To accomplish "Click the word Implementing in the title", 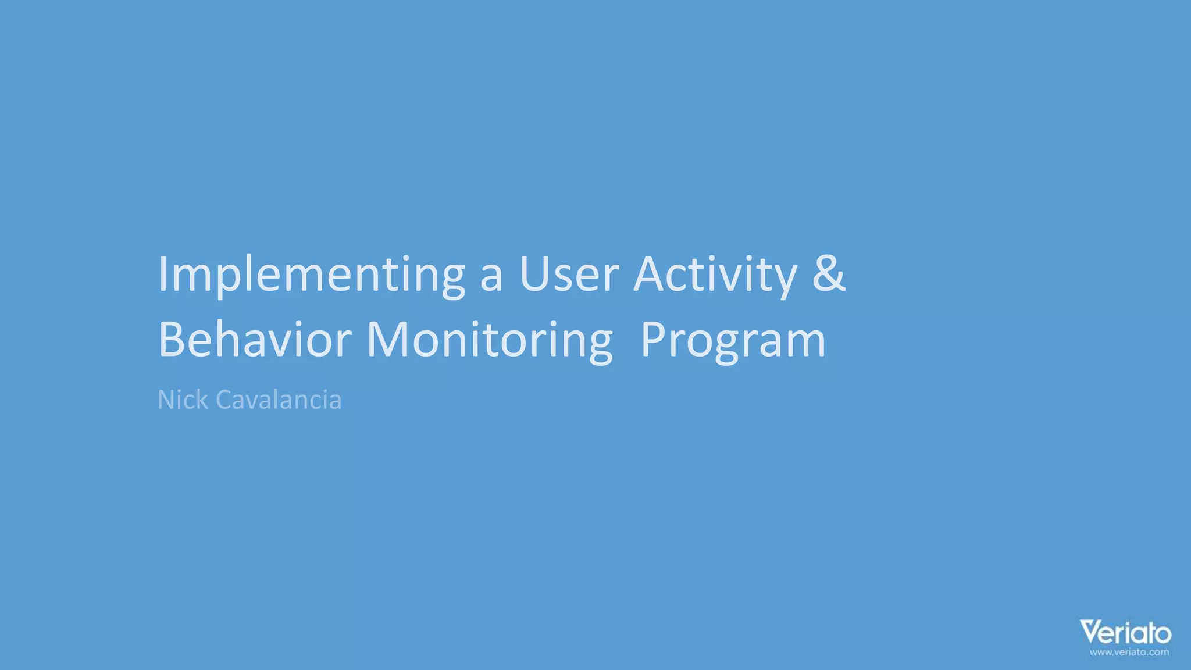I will (x=311, y=275).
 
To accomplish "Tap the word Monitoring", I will (x=490, y=340).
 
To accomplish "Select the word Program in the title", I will (x=733, y=340).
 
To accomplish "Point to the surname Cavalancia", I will (x=279, y=400).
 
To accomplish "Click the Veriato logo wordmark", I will (x=1125, y=633).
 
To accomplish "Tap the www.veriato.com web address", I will (x=1129, y=652).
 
